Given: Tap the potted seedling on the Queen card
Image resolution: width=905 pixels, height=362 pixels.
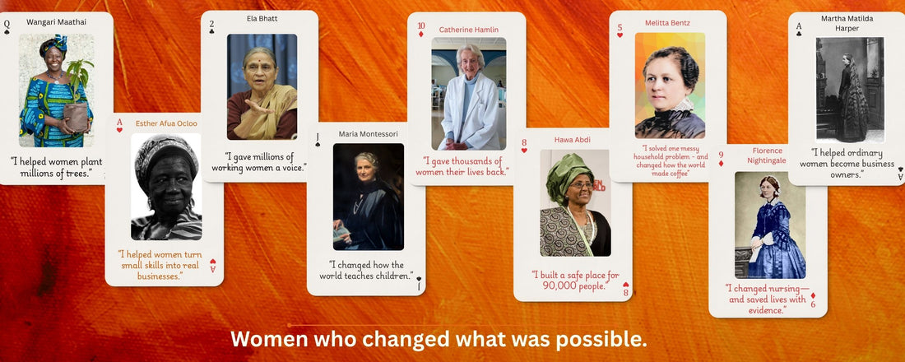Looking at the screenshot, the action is point(78,95).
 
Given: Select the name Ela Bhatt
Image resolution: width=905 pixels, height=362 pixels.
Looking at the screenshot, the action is point(262,18).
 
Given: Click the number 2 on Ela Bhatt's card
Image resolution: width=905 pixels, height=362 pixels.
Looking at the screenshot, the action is point(211,24).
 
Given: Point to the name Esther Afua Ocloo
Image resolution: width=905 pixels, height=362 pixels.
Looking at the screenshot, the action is point(166,123).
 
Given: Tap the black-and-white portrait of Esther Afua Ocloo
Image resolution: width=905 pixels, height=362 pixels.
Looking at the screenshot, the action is point(166,187).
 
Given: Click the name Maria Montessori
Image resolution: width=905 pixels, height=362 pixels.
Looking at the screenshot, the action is point(369,134).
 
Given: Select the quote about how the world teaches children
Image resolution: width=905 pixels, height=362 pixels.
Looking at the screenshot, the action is point(366,270).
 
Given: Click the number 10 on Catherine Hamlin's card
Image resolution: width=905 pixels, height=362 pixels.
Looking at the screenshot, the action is point(421,26).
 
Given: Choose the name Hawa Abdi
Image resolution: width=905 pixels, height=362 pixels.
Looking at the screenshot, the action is point(573,140).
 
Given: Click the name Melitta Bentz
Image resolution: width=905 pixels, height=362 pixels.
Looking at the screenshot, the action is point(667,22).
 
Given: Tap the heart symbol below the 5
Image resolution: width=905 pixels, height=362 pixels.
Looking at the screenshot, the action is point(620,35).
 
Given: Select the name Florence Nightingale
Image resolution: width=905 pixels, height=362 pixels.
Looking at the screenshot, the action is point(767,155).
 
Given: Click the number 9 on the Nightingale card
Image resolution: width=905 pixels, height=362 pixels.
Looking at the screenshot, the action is point(720,155).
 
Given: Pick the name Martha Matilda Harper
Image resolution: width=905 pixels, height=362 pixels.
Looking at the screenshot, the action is point(847,23).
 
